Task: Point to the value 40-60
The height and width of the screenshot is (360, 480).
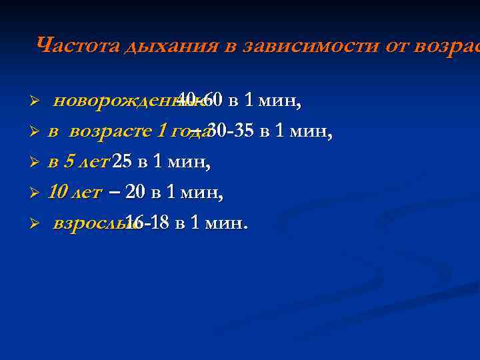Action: click(x=199, y=101)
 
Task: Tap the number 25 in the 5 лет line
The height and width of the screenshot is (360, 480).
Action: click(x=123, y=161)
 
